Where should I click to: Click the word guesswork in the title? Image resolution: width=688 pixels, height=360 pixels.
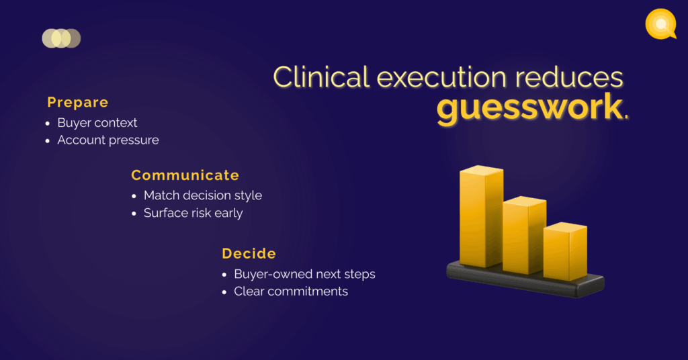(x=529, y=108)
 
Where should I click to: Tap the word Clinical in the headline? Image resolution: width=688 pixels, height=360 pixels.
(x=321, y=77)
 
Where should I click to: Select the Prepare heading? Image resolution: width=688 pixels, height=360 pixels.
(x=78, y=103)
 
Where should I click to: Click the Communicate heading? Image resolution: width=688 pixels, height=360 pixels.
(x=185, y=175)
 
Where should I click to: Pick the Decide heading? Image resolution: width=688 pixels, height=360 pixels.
(x=249, y=253)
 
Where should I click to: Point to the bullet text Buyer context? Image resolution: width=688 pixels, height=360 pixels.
(x=97, y=123)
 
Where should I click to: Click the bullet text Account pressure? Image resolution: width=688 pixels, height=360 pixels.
(x=108, y=140)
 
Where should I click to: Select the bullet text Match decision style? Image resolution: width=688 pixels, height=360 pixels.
(x=203, y=195)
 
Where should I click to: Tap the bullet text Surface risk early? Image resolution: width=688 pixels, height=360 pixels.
(x=193, y=213)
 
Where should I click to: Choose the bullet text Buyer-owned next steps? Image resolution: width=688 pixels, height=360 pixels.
(x=304, y=274)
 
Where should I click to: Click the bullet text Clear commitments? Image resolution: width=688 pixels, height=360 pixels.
(x=291, y=291)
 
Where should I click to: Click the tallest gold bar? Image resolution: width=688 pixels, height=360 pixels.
(x=481, y=216)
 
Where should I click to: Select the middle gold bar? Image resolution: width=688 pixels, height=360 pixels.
(x=524, y=236)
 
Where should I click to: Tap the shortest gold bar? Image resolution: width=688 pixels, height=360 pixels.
(x=565, y=252)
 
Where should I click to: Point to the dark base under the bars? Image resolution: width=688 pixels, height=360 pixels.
(x=525, y=281)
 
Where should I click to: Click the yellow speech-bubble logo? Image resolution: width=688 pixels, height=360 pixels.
(x=661, y=24)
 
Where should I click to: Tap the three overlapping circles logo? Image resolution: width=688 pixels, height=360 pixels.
(x=61, y=38)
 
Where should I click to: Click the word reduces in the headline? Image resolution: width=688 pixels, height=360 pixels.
(x=569, y=77)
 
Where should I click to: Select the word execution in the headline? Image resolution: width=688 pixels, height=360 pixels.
(x=442, y=77)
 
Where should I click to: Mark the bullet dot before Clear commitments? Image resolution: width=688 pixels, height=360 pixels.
(x=224, y=292)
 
